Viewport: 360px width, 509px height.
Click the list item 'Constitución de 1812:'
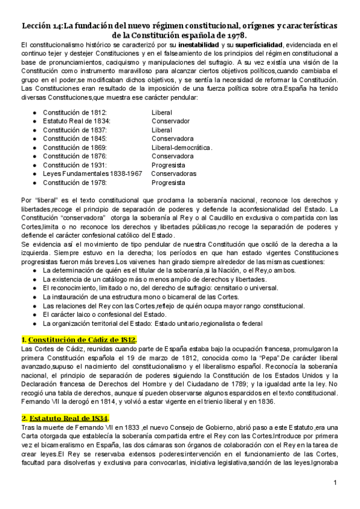[75, 112]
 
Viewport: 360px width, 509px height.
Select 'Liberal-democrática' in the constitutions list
[182, 147]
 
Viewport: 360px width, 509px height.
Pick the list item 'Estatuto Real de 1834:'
[77, 121]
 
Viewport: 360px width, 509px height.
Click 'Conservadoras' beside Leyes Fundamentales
[173, 173]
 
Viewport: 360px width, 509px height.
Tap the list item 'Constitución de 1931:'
[75, 164]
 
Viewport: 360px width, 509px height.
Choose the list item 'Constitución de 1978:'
[75, 182]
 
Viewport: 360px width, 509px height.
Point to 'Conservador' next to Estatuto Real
[171, 121]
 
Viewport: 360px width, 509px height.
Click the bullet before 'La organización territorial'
[35, 324]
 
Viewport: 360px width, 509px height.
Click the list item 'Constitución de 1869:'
[75, 147]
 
